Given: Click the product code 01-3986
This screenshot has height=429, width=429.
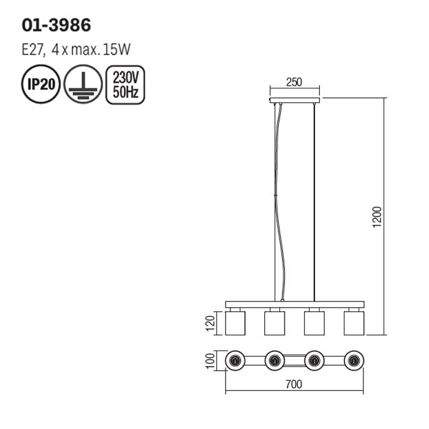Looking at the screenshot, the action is [x=56, y=26].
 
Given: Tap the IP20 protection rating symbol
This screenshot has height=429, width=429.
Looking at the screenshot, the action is [x=41, y=85].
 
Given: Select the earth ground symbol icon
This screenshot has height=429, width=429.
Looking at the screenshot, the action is [x=83, y=85].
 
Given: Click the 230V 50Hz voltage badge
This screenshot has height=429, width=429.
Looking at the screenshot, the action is [x=125, y=85].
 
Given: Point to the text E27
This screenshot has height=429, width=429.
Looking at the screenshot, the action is [x=33, y=50].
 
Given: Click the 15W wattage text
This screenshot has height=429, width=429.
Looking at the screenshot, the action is [x=116, y=50].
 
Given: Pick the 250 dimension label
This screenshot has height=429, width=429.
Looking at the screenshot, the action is [x=294, y=82].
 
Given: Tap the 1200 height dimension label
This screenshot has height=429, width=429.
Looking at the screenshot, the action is [x=377, y=217].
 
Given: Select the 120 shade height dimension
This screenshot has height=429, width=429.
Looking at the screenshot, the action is [x=210, y=323].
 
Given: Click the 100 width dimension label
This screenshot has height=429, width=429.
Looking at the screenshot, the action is [x=210, y=361].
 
